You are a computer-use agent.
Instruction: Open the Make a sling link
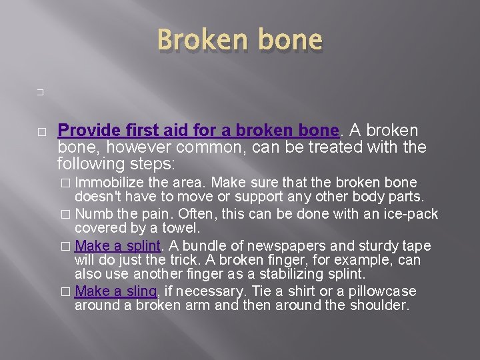(116, 291)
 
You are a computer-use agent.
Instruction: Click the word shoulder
(378, 305)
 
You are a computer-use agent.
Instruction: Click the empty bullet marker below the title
(41, 94)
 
